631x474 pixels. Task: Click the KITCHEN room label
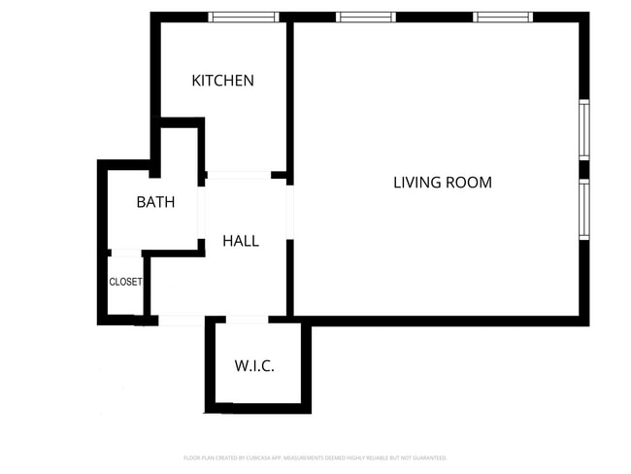[x=222, y=81]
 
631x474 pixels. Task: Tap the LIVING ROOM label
[x=442, y=182]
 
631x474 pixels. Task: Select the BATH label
[x=155, y=203]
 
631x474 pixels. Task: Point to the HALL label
[x=241, y=241]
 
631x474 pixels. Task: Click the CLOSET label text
[x=125, y=283]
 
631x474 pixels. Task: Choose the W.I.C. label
[x=254, y=366]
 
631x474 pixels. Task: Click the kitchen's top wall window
[x=244, y=17]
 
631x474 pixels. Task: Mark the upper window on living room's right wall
[x=584, y=130]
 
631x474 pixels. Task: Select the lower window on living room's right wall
[x=584, y=210]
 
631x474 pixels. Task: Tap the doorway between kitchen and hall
[x=238, y=175]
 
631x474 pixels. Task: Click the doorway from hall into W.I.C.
[x=247, y=319]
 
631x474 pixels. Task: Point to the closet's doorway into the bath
[x=126, y=254]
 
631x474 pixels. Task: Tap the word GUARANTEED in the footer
[x=427, y=457]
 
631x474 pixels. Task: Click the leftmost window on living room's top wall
[x=366, y=17]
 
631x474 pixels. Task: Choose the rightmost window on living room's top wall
[x=503, y=17]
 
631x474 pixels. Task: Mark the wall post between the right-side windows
[x=584, y=170]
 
